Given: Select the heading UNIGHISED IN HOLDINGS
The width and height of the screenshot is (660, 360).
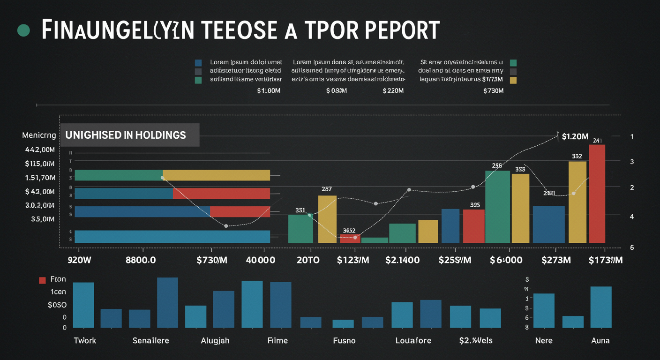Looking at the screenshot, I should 126,135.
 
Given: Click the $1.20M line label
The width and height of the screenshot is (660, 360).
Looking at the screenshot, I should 575,136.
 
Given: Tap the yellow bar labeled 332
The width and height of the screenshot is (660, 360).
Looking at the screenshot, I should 577,202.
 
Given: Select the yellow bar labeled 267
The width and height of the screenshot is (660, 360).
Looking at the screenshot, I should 327,219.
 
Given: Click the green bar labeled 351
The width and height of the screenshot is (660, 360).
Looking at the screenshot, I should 300,228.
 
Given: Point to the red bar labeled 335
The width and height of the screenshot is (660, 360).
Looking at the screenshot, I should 473,226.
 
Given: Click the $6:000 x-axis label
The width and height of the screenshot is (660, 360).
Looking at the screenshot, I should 506,260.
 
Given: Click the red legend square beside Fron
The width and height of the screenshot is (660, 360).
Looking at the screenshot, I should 42,280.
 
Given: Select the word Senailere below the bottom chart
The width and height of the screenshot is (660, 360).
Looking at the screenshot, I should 150,340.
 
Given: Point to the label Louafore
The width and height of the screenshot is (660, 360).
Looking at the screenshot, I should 413,340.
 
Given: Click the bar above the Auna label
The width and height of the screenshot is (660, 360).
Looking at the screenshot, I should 601,307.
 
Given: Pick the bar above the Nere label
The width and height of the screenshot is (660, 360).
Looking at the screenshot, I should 544,310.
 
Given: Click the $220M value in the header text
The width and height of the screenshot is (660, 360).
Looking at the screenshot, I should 393,90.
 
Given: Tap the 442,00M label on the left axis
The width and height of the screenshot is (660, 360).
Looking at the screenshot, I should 40,150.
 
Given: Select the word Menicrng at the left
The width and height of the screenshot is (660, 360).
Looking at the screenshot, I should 39,135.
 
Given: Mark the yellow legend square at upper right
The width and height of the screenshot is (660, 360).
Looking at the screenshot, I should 513,80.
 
